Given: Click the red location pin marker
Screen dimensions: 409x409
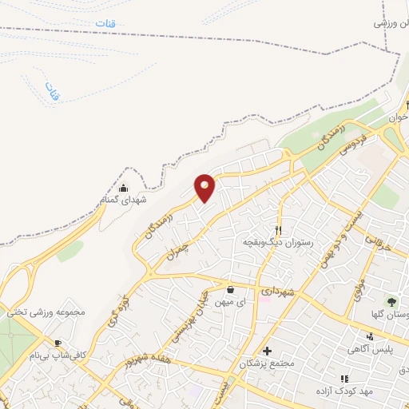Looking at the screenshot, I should click(x=205, y=188).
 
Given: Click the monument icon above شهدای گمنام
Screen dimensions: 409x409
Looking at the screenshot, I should click(x=123, y=188).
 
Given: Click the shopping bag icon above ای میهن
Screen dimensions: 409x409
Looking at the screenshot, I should click(x=230, y=289).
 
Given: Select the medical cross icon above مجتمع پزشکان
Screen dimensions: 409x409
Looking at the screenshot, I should click(x=267, y=351).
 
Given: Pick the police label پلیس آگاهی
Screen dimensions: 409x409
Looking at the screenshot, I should click(x=368, y=349).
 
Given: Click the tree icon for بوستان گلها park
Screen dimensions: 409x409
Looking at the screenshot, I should click(x=391, y=302).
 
